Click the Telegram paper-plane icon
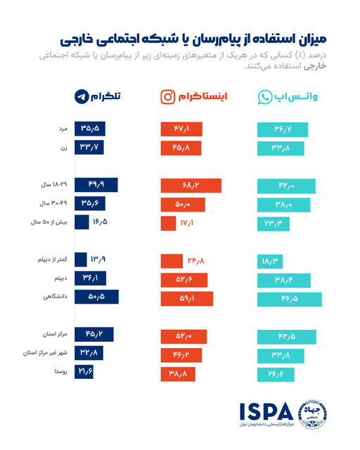(x=83, y=97)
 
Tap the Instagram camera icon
(x=169, y=97)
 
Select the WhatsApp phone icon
(x=264, y=97)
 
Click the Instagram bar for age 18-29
(x=191, y=186)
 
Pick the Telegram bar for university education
(x=96, y=297)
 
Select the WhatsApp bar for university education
(x=289, y=297)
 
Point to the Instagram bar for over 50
(x=168, y=223)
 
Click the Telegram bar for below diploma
(x=80, y=259)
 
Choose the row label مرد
(x=62, y=129)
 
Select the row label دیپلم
(x=59, y=278)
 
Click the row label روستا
(x=60, y=372)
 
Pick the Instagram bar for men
(x=181, y=129)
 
